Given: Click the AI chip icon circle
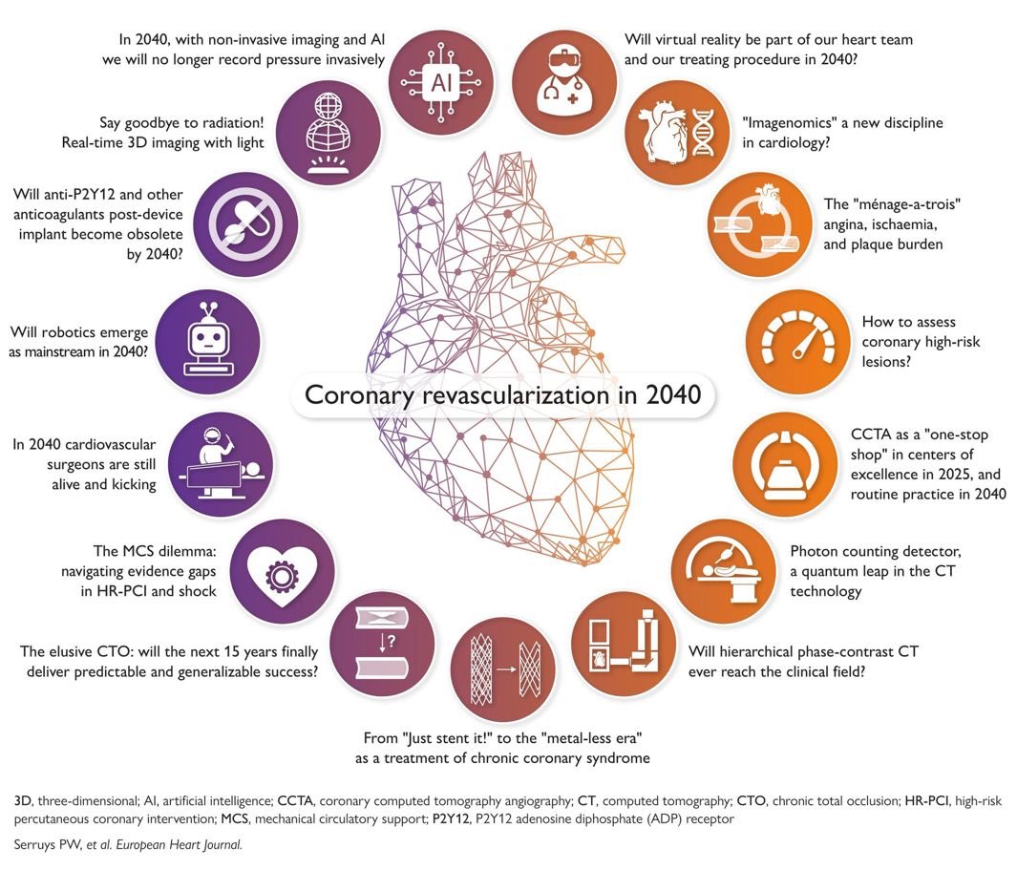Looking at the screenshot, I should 441,80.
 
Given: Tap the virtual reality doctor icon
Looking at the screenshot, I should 561,80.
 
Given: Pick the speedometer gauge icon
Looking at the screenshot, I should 795,342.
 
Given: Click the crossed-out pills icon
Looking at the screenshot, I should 243,229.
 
